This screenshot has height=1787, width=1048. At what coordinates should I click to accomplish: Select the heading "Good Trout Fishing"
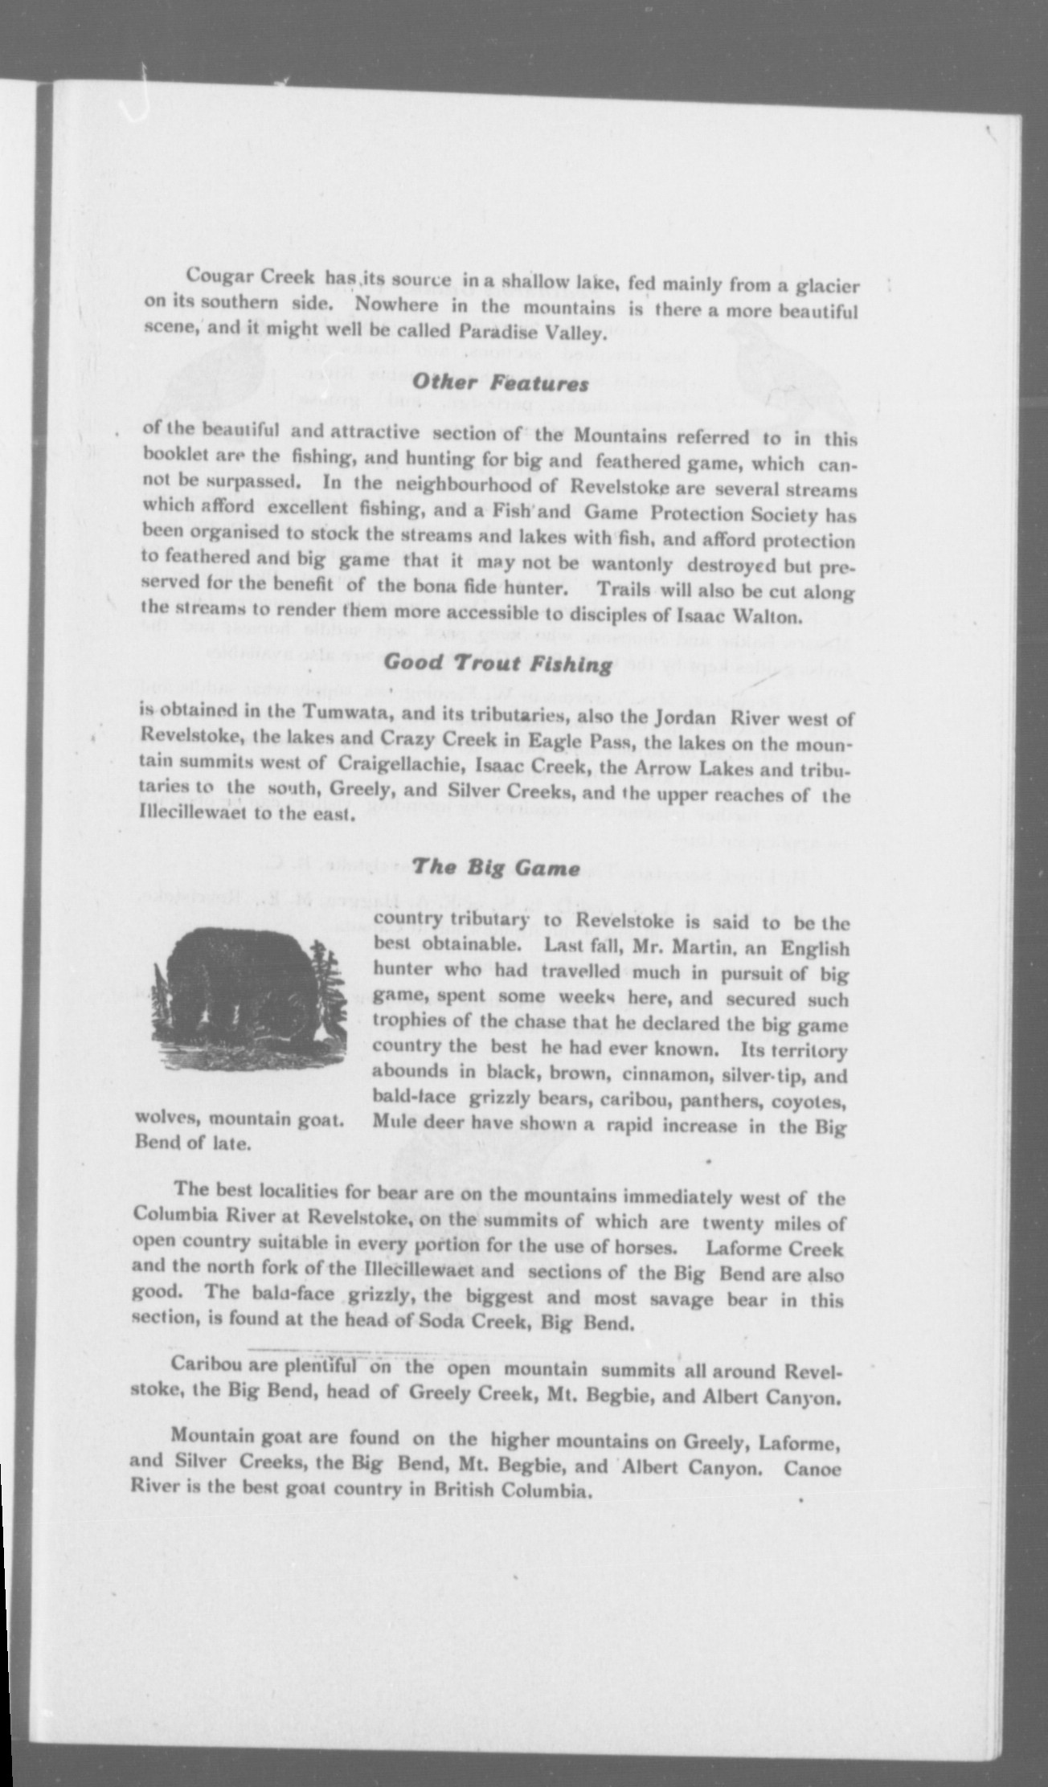tap(497, 664)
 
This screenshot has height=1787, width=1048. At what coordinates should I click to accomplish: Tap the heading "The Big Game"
tap(495, 868)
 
